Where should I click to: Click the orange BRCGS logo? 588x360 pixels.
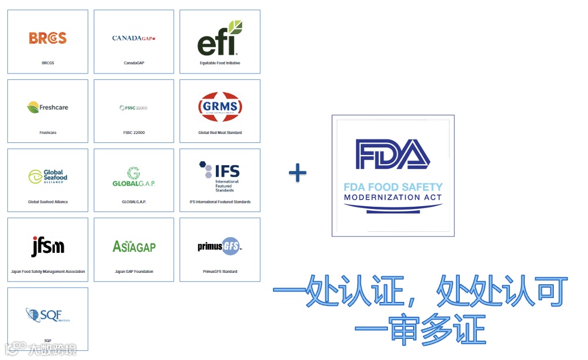[48, 38]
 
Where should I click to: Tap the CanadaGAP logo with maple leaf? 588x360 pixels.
[134, 38]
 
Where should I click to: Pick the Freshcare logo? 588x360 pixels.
[48, 107]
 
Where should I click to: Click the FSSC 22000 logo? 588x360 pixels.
[134, 108]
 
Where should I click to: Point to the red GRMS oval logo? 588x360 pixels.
[220, 107]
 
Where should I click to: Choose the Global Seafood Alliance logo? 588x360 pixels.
[48, 177]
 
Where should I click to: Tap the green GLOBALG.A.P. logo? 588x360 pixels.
[134, 177]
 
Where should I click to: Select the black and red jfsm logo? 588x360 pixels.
[48, 246]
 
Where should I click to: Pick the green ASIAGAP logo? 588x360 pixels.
[134, 246]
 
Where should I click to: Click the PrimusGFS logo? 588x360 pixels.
[220, 246]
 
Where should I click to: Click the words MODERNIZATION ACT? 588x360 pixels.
[393, 198]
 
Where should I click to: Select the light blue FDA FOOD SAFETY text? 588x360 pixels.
[393, 187]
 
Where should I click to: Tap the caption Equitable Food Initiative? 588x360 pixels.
[220, 63]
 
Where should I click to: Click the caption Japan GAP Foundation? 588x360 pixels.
[134, 272]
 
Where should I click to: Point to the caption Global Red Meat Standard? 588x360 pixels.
[220, 133]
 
